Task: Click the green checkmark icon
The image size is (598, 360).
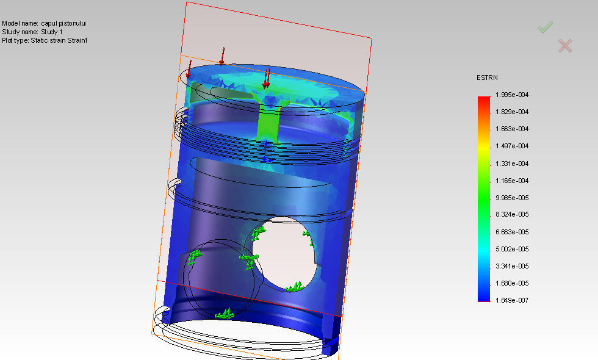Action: pos(545,27)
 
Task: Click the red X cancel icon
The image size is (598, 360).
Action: pos(565,45)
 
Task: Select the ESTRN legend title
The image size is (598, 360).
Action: pos(486,78)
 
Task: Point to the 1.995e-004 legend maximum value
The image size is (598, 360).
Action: pos(513,95)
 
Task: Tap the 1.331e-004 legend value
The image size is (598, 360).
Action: pos(513,164)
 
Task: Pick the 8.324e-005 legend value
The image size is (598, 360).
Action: pos(513,215)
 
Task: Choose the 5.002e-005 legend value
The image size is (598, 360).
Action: pos(513,250)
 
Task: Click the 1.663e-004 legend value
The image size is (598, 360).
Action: pos(513,129)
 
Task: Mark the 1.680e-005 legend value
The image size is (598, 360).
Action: pos(513,284)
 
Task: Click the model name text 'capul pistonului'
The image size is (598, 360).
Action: pos(63,23)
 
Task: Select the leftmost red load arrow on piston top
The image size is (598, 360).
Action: pos(189,68)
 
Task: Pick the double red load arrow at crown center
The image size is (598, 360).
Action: pos(266,77)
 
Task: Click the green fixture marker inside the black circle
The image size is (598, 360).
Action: pos(194,257)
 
